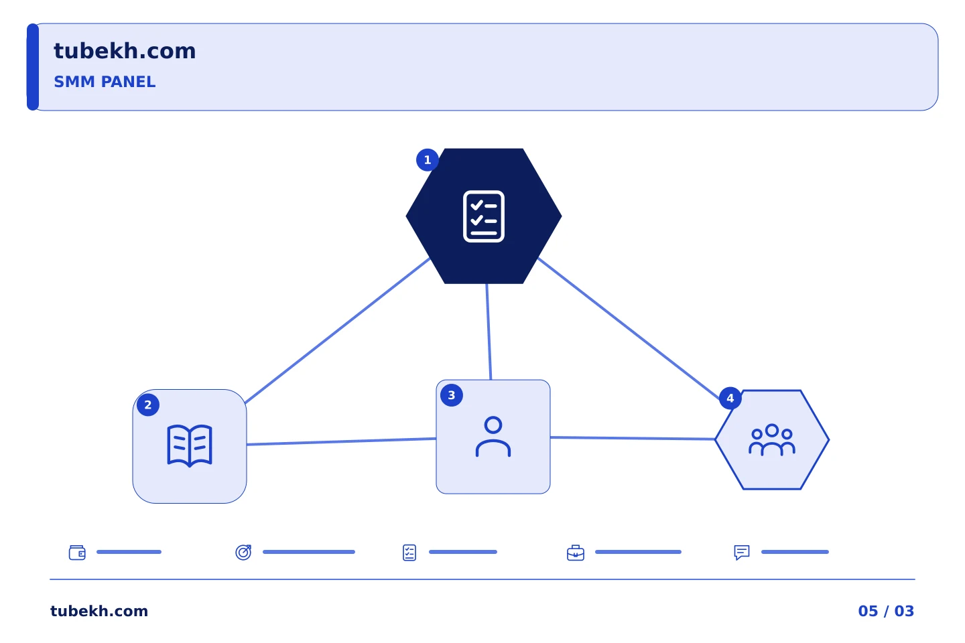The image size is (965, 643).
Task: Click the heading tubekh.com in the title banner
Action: (125, 51)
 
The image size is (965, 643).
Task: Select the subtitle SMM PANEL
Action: (105, 82)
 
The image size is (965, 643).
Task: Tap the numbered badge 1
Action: (428, 160)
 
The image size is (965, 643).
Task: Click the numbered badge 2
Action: (147, 405)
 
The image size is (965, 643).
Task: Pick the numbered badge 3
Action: (452, 395)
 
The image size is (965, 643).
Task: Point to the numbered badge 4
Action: (730, 399)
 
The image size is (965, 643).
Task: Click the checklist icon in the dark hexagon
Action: (484, 216)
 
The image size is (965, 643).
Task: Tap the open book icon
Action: (190, 446)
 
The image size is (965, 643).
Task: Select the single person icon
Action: (493, 436)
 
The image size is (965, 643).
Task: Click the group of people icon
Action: (772, 440)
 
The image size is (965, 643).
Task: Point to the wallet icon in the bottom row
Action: (78, 553)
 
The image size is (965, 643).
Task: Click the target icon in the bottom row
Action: (243, 553)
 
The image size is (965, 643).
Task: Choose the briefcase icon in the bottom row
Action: (576, 553)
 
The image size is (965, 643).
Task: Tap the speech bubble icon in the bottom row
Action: (742, 553)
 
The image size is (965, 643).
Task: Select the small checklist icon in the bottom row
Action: (409, 553)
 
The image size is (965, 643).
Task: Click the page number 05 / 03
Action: (886, 611)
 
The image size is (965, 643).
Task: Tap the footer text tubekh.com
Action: (99, 611)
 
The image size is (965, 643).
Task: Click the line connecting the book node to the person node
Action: (341, 441)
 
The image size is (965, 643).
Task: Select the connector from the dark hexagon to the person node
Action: (489, 332)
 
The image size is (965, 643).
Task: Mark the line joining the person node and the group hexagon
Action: (633, 439)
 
